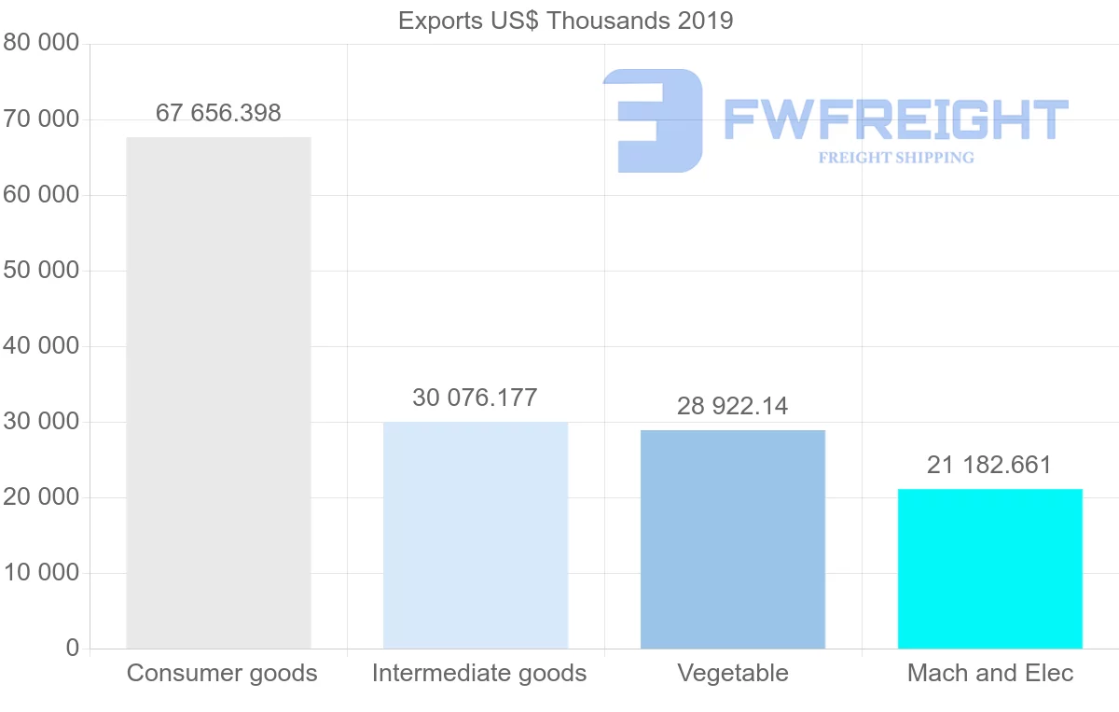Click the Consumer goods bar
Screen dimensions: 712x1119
[x=218, y=392]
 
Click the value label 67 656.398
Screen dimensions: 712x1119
[x=218, y=113]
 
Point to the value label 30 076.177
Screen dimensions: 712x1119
[x=475, y=398]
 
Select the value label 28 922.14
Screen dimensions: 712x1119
[x=733, y=406]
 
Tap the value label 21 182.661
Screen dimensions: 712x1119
[x=989, y=465]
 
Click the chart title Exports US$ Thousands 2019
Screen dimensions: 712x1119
[x=566, y=21]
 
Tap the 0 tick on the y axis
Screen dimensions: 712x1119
[x=73, y=649]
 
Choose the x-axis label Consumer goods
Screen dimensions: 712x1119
[x=222, y=673]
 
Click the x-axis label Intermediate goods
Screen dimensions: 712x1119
[x=479, y=673]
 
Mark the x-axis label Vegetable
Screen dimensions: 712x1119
[x=733, y=673]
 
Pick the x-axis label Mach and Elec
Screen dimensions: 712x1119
[x=990, y=673]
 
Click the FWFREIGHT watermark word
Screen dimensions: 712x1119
[x=895, y=120]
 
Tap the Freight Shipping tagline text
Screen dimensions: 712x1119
[x=896, y=158]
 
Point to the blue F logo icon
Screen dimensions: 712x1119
[x=653, y=120]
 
